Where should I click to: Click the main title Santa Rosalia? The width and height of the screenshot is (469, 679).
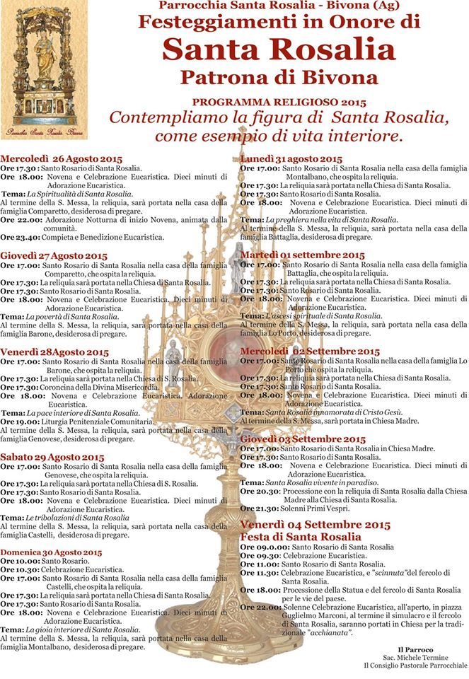coord(279,50)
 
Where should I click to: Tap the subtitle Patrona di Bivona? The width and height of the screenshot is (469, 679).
coord(279,76)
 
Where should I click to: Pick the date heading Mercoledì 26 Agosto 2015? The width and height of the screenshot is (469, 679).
coord(62,158)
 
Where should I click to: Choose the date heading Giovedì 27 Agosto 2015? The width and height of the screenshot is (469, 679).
coord(54,255)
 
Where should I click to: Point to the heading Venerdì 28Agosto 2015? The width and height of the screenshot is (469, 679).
coord(54,352)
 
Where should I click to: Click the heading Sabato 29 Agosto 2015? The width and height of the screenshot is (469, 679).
coord(52,458)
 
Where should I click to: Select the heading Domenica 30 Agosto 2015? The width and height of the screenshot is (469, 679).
coord(51,552)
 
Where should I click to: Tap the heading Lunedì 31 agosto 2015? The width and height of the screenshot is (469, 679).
coord(291,158)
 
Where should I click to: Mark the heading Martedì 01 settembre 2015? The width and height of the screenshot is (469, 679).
coord(303,255)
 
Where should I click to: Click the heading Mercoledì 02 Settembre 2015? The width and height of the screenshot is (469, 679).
coord(310,351)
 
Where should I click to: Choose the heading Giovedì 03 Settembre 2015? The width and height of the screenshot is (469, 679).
coord(303,439)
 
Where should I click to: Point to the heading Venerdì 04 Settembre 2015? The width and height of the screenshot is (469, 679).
coord(315,525)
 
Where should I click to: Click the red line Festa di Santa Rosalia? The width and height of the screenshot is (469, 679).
coord(301,537)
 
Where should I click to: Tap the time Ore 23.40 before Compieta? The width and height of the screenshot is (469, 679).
coord(14,238)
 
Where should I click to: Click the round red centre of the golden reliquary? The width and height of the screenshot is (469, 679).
coord(228,352)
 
